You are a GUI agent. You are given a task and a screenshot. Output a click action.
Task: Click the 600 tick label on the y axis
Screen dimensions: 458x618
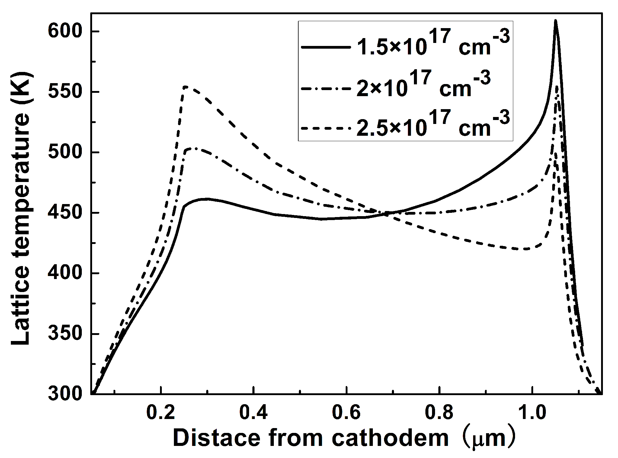click(x=65, y=31)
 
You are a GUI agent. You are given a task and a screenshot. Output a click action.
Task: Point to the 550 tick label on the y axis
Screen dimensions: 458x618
click(x=65, y=92)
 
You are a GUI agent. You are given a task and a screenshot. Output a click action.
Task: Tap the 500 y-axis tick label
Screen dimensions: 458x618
click(x=65, y=152)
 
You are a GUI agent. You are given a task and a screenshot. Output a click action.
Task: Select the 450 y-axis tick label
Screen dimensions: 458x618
click(x=65, y=213)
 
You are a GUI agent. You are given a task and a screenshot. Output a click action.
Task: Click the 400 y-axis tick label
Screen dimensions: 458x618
click(x=65, y=273)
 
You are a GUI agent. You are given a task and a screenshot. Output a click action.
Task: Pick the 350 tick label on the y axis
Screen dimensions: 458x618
click(x=65, y=334)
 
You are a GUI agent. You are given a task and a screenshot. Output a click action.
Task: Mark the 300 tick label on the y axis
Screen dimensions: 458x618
click(x=65, y=394)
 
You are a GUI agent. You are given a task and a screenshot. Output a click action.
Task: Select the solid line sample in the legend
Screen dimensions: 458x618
click(x=326, y=47)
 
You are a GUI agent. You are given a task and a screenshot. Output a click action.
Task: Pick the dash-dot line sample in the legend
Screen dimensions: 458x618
click(x=326, y=89)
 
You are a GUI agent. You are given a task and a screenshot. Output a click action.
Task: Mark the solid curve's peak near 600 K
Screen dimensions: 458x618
click(x=555, y=21)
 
